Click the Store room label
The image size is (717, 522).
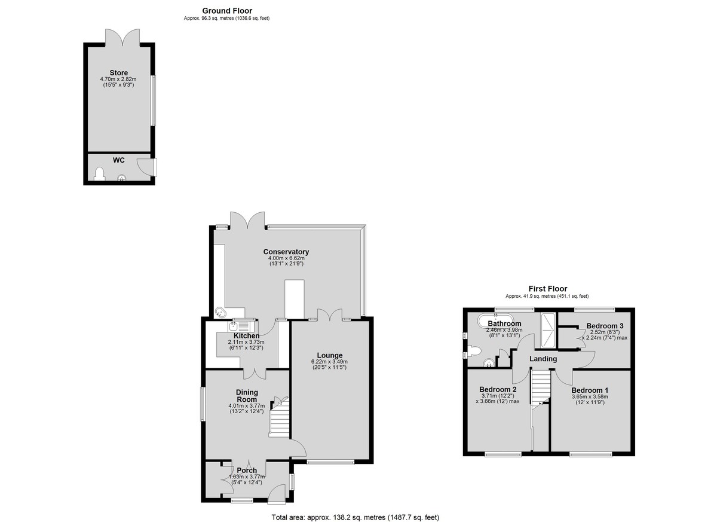point(118,73)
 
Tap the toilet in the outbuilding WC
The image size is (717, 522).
point(100,173)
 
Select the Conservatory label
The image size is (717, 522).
point(286,252)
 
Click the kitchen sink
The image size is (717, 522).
point(242,326)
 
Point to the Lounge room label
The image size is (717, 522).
point(329,355)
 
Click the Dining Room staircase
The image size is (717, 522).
point(279,417)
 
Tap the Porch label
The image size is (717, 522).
point(247,471)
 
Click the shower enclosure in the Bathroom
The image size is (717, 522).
point(548,330)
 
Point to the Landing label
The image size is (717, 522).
point(543,359)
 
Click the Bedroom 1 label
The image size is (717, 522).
point(590,390)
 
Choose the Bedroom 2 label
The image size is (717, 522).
point(498,389)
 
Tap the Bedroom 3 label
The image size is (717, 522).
point(605,326)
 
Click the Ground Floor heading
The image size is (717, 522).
point(227,11)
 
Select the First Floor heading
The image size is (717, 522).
point(548,289)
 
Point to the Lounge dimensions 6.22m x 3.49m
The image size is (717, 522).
point(329,362)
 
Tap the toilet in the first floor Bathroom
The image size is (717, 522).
point(474,350)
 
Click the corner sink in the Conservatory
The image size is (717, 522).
point(221,312)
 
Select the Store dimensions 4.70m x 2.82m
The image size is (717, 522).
point(118,79)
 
